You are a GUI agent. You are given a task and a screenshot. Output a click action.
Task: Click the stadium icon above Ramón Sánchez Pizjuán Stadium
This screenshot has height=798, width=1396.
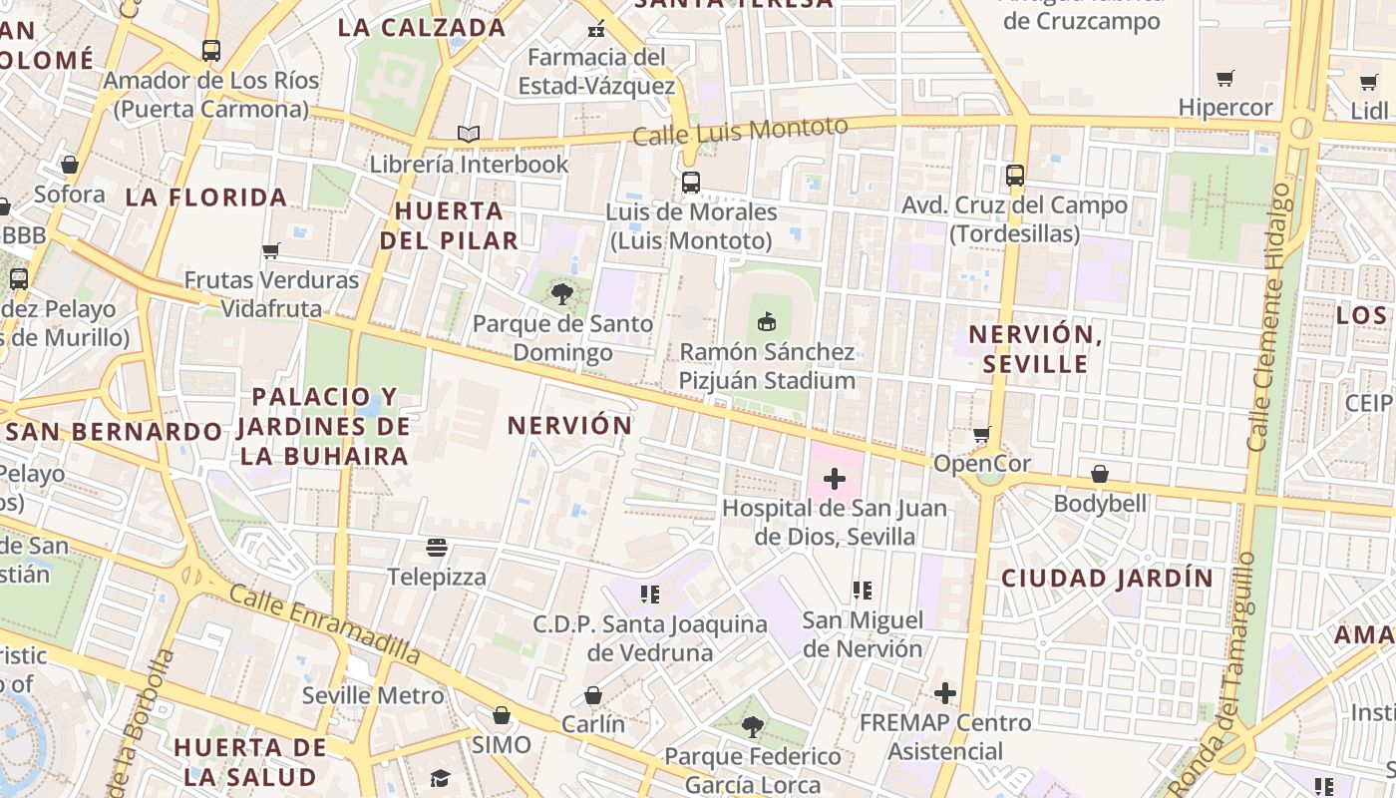tap(766, 322)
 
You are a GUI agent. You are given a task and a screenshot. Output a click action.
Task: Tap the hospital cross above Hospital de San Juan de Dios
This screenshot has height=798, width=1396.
tap(834, 479)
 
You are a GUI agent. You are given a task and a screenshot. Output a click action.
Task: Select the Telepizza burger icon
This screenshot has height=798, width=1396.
tap(436, 547)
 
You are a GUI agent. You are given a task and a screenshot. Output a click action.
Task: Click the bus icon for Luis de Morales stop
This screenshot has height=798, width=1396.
tap(690, 183)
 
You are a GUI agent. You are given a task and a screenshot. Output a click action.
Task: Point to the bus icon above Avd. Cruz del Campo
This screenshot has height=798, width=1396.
tap(1014, 176)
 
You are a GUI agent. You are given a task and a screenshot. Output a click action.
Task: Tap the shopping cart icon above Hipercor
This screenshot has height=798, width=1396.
tap(1225, 78)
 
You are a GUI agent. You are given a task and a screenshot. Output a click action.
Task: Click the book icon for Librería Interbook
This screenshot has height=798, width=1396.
tap(468, 134)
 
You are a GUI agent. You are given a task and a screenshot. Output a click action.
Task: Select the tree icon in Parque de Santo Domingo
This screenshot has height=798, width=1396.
tap(562, 293)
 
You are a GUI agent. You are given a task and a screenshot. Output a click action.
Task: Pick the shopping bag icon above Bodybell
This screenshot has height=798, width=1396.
tap(1100, 473)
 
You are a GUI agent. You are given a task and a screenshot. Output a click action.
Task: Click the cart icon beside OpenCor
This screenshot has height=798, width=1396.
tap(982, 434)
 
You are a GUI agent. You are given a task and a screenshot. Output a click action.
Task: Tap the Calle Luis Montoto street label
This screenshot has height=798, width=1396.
tap(740, 131)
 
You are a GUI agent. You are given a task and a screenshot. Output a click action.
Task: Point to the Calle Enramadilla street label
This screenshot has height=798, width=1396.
tap(324, 623)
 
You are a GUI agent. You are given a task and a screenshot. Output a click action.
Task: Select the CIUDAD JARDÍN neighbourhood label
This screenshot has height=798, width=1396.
tap(1107, 578)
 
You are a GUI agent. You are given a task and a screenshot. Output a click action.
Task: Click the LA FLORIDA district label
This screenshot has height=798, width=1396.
tap(206, 198)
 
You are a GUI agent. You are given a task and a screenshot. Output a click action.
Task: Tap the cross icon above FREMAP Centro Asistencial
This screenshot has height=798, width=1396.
tap(944, 692)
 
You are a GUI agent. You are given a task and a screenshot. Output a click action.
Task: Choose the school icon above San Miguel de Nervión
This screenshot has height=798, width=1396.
tap(863, 591)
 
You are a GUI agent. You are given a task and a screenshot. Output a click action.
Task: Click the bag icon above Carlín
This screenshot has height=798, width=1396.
tap(593, 694)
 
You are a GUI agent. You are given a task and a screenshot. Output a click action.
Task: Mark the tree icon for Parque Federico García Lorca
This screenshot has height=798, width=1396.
tap(753, 726)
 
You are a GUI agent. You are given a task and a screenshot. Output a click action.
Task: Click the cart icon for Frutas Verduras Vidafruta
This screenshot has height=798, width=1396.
tap(270, 250)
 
